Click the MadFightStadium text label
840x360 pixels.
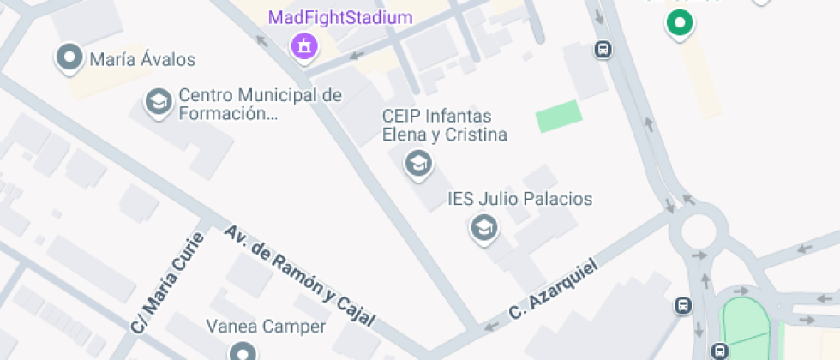[x=340, y=18]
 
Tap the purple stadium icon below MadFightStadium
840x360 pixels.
[x=303, y=46]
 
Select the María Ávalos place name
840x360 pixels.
[x=142, y=60]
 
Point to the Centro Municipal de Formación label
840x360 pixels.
[x=260, y=105]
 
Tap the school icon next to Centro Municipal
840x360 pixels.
[x=158, y=102]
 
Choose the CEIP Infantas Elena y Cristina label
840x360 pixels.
[x=444, y=125]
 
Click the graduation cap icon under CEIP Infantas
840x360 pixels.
[x=418, y=162]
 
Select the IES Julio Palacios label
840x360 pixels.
[x=520, y=200]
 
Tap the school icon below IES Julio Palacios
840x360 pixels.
[x=484, y=228]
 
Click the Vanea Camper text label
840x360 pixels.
[x=266, y=327]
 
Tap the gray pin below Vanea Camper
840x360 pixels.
[x=243, y=352]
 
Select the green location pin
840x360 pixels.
[x=680, y=23]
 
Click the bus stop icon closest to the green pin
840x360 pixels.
[x=603, y=50]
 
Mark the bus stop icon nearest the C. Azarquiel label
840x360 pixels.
[x=683, y=306]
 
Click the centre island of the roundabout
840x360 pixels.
[x=699, y=231]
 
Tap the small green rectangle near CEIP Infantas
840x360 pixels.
[x=559, y=116]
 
